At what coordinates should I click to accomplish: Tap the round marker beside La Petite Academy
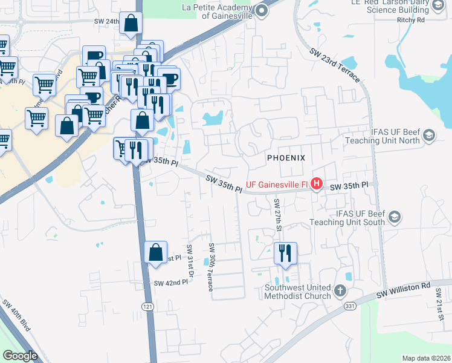coord(262,10)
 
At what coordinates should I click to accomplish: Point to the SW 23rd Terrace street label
coord(334,67)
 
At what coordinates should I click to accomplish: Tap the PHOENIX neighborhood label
coord(286,157)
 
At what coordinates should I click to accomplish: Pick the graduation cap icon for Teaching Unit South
coord(394,217)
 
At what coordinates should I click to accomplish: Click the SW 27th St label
coord(278,215)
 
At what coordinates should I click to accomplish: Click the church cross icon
coord(340,292)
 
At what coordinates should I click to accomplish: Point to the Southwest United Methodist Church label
coord(297,292)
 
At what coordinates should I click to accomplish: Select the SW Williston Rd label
coord(403,289)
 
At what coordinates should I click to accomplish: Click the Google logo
coord(20,356)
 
